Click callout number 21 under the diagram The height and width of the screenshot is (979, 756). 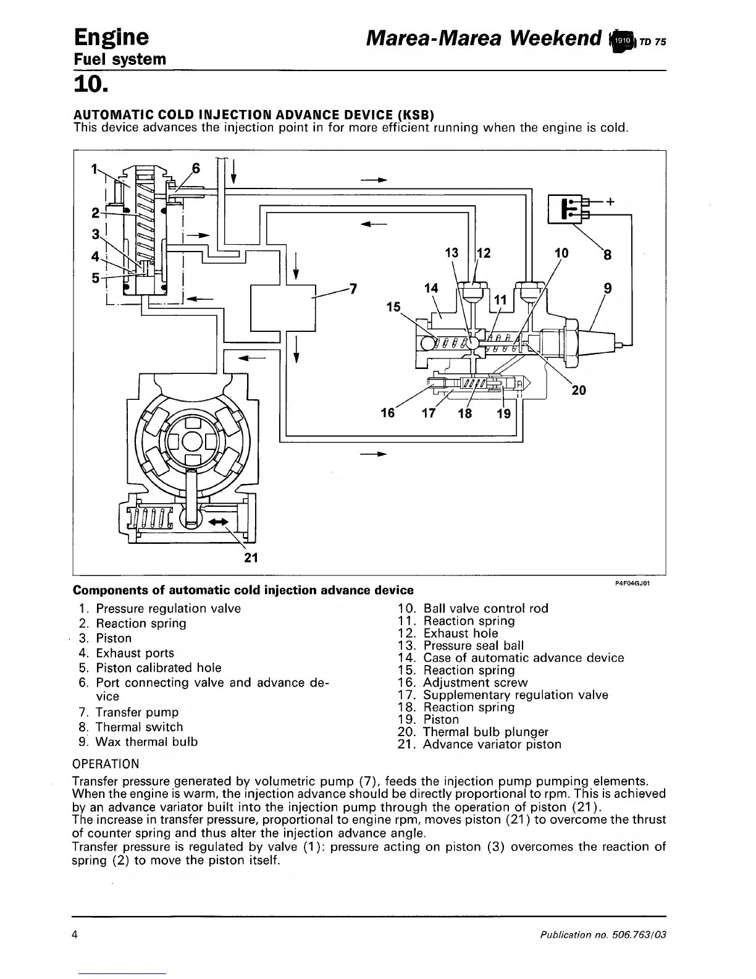[251, 557]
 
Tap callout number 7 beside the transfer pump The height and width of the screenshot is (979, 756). [353, 289]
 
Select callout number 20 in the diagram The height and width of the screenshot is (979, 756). [579, 390]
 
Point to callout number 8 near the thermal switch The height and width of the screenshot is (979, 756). [607, 254]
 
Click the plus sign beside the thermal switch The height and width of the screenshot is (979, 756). [611, 201]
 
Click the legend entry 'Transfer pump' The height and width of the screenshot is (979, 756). [137, 712]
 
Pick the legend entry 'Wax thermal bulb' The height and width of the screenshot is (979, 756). [147, 742]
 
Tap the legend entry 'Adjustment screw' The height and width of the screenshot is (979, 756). [475, 682]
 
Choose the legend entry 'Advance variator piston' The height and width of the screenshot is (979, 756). [492, 744]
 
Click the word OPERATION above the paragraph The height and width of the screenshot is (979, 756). [106, 764]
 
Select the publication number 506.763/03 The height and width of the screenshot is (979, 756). [639, 934]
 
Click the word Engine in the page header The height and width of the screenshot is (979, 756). [111, 37]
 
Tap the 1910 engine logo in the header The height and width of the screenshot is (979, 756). [623, 40]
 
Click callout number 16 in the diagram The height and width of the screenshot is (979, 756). [387, 412]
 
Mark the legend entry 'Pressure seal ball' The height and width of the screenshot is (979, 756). [473, 645]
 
